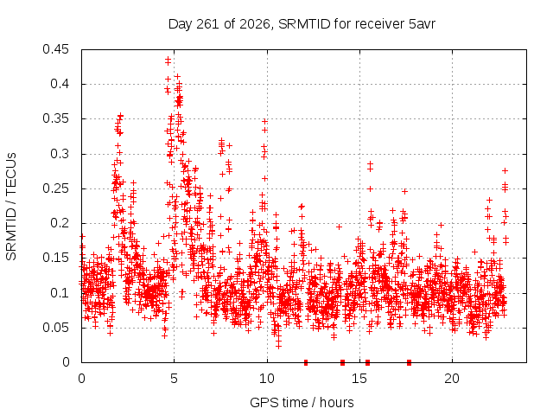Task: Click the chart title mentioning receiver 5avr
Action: pos(302,24)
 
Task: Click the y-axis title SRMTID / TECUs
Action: pos(11,207)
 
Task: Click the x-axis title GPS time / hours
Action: pos(302,402)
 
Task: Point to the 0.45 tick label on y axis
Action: pos(55,49)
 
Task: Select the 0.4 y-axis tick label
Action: pos(60,84)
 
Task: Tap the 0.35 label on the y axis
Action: pos(55,119)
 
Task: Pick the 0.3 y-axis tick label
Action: pos(60,154)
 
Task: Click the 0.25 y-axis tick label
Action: pos(55,188)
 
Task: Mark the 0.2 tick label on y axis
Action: pos(60,223)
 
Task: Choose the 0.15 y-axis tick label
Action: pos(55,258)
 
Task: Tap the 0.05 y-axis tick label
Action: pos(55,328)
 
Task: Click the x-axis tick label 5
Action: pos(175,379)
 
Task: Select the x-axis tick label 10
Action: pos(267,379)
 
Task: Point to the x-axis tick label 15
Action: pos(359,379)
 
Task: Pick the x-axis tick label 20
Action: pos(453,379)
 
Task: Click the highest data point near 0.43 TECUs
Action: pos(168,59)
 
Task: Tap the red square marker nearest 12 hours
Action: pos(306,362)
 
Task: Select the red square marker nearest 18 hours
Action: pos(409,362)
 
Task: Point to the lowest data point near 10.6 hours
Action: pos(278,347)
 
